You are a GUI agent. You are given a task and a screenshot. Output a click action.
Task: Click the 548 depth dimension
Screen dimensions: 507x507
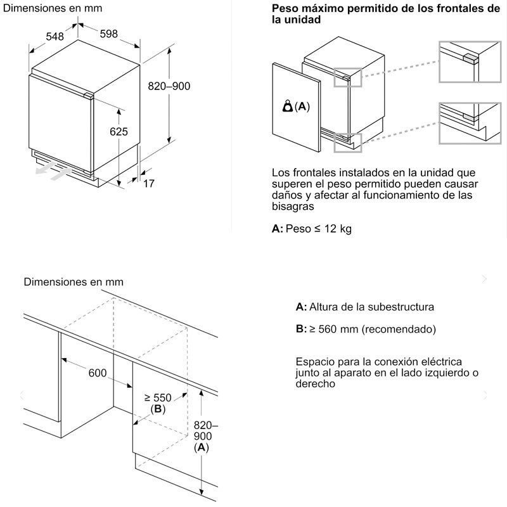pos(55,37)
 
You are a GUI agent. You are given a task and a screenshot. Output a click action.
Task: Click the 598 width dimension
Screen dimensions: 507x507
pos(109,34)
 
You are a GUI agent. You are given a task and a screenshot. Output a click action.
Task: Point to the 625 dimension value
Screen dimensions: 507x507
pos(119,132)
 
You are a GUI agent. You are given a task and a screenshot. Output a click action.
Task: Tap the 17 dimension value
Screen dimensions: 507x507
pos(149,184)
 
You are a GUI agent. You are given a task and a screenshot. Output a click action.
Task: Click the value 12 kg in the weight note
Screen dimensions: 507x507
pos(337,229)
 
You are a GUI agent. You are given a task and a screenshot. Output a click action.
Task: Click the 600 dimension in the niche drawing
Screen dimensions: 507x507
pos(98,373)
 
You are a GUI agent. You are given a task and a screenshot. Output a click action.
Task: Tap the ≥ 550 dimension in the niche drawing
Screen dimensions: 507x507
pos(158,397)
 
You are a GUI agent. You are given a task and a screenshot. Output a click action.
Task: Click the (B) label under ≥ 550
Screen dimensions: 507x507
pos(157,409)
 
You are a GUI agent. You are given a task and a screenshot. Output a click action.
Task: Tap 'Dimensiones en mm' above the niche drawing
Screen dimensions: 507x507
pos(74,282)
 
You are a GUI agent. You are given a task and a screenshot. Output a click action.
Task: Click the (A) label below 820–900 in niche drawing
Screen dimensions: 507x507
pos(201,448)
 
